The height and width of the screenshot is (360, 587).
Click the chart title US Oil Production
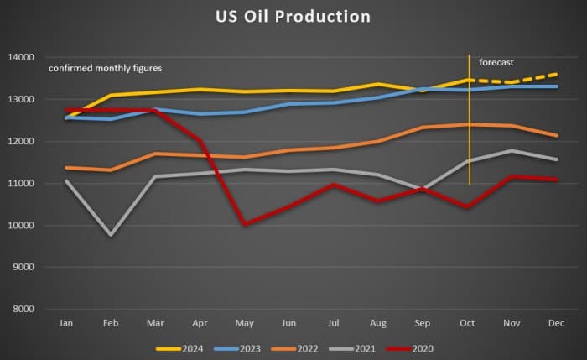293,16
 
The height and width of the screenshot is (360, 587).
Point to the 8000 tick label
23,310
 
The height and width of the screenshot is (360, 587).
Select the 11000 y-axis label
23,184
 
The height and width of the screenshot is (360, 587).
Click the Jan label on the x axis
66,322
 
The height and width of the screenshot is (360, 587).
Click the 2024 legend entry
180,347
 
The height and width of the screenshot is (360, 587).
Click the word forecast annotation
496,62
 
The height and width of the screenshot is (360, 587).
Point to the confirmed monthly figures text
105,68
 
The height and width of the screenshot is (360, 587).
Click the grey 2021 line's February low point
111,235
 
